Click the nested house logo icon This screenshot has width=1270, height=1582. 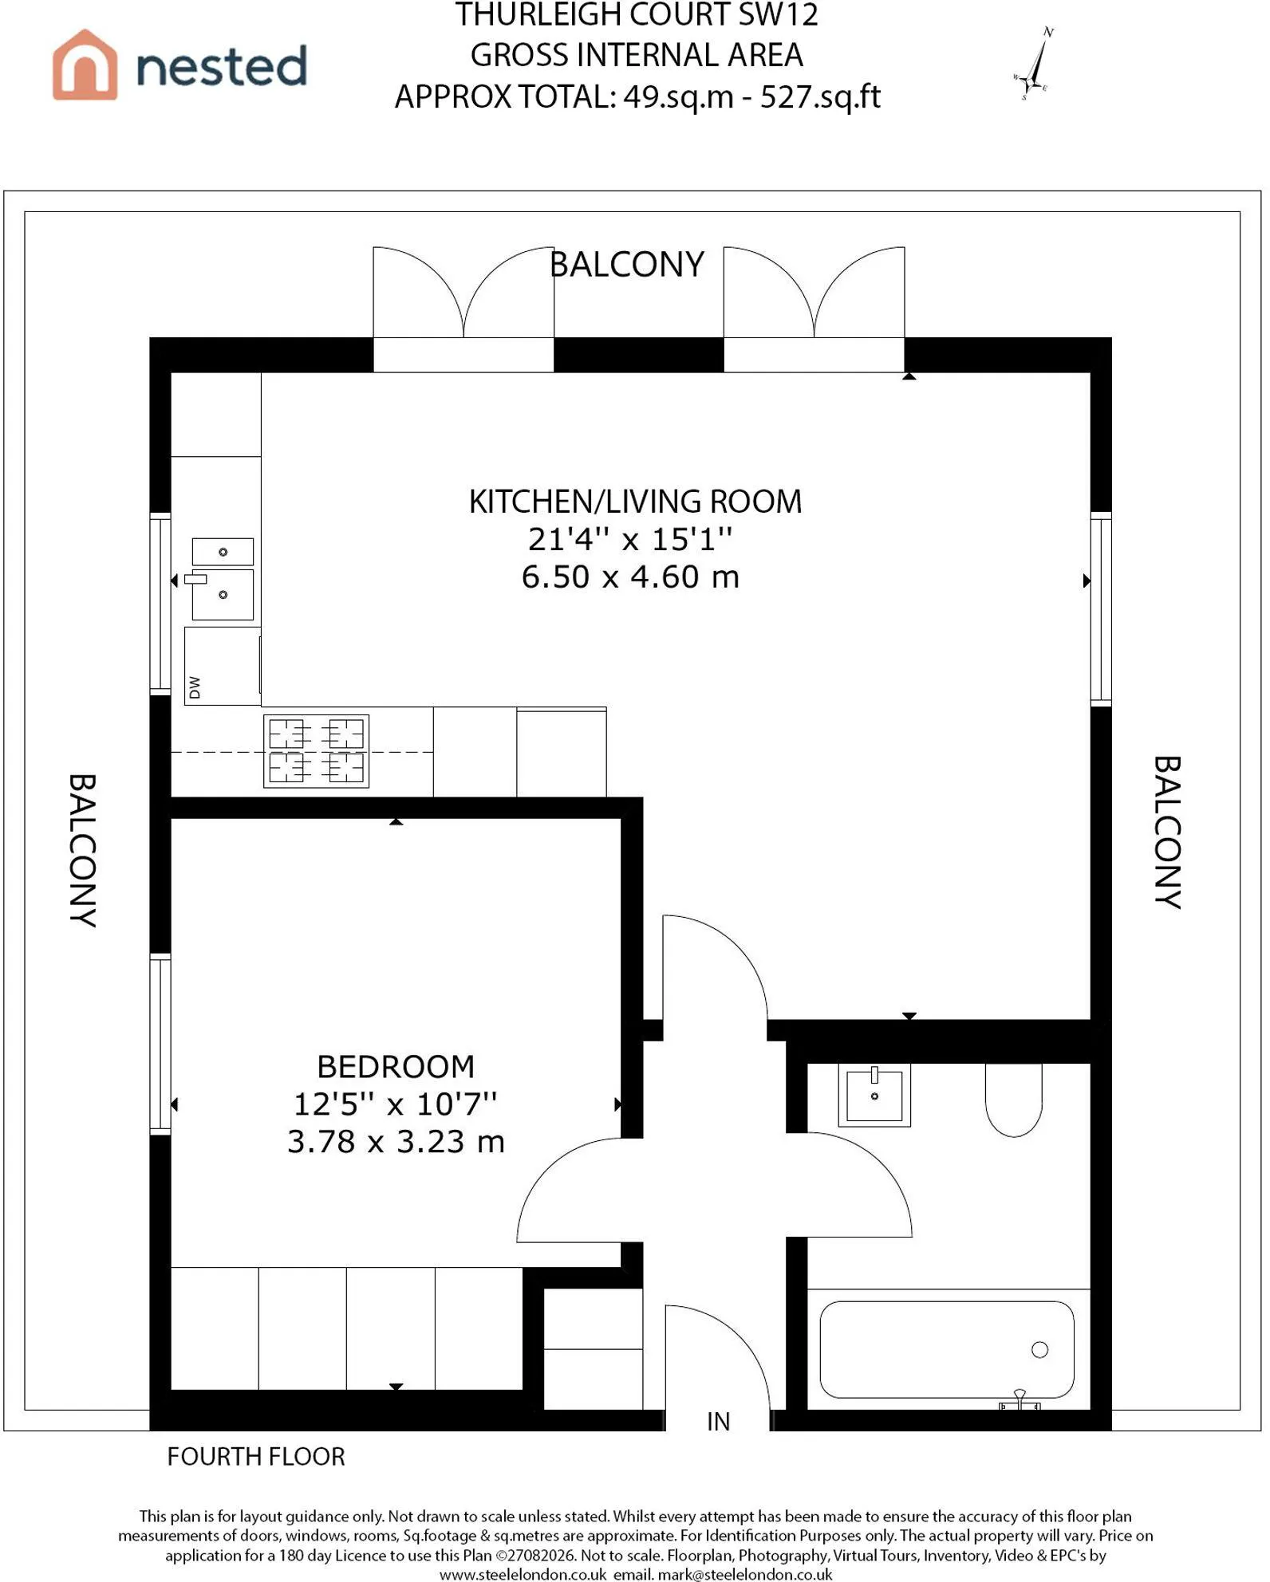pos(85,65)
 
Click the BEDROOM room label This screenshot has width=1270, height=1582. pos(396,1066)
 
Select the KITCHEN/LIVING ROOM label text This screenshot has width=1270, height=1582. pos(635,502)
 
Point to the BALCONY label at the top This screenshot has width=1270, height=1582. pos(627,264)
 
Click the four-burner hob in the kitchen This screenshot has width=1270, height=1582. pos(317,751)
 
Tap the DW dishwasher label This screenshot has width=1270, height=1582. pos(195,687)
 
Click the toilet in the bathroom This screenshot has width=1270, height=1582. pos(1014,1100)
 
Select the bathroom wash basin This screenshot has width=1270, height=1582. pos(874,1096)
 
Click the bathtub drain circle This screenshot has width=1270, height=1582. pos(1039,1349)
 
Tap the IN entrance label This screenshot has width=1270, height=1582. pos(718,1421)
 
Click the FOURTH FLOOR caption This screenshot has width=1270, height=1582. pos(256,1456)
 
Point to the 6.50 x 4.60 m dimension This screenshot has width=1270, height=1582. pos(630,577)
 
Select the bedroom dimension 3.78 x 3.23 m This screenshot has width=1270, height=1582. pos(396,1141)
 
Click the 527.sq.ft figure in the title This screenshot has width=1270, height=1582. pos(820,96)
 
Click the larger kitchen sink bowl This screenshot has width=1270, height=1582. pos(223,594)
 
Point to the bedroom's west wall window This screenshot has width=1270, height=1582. pos(160,1044)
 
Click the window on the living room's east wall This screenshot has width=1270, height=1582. pos(1101,609)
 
